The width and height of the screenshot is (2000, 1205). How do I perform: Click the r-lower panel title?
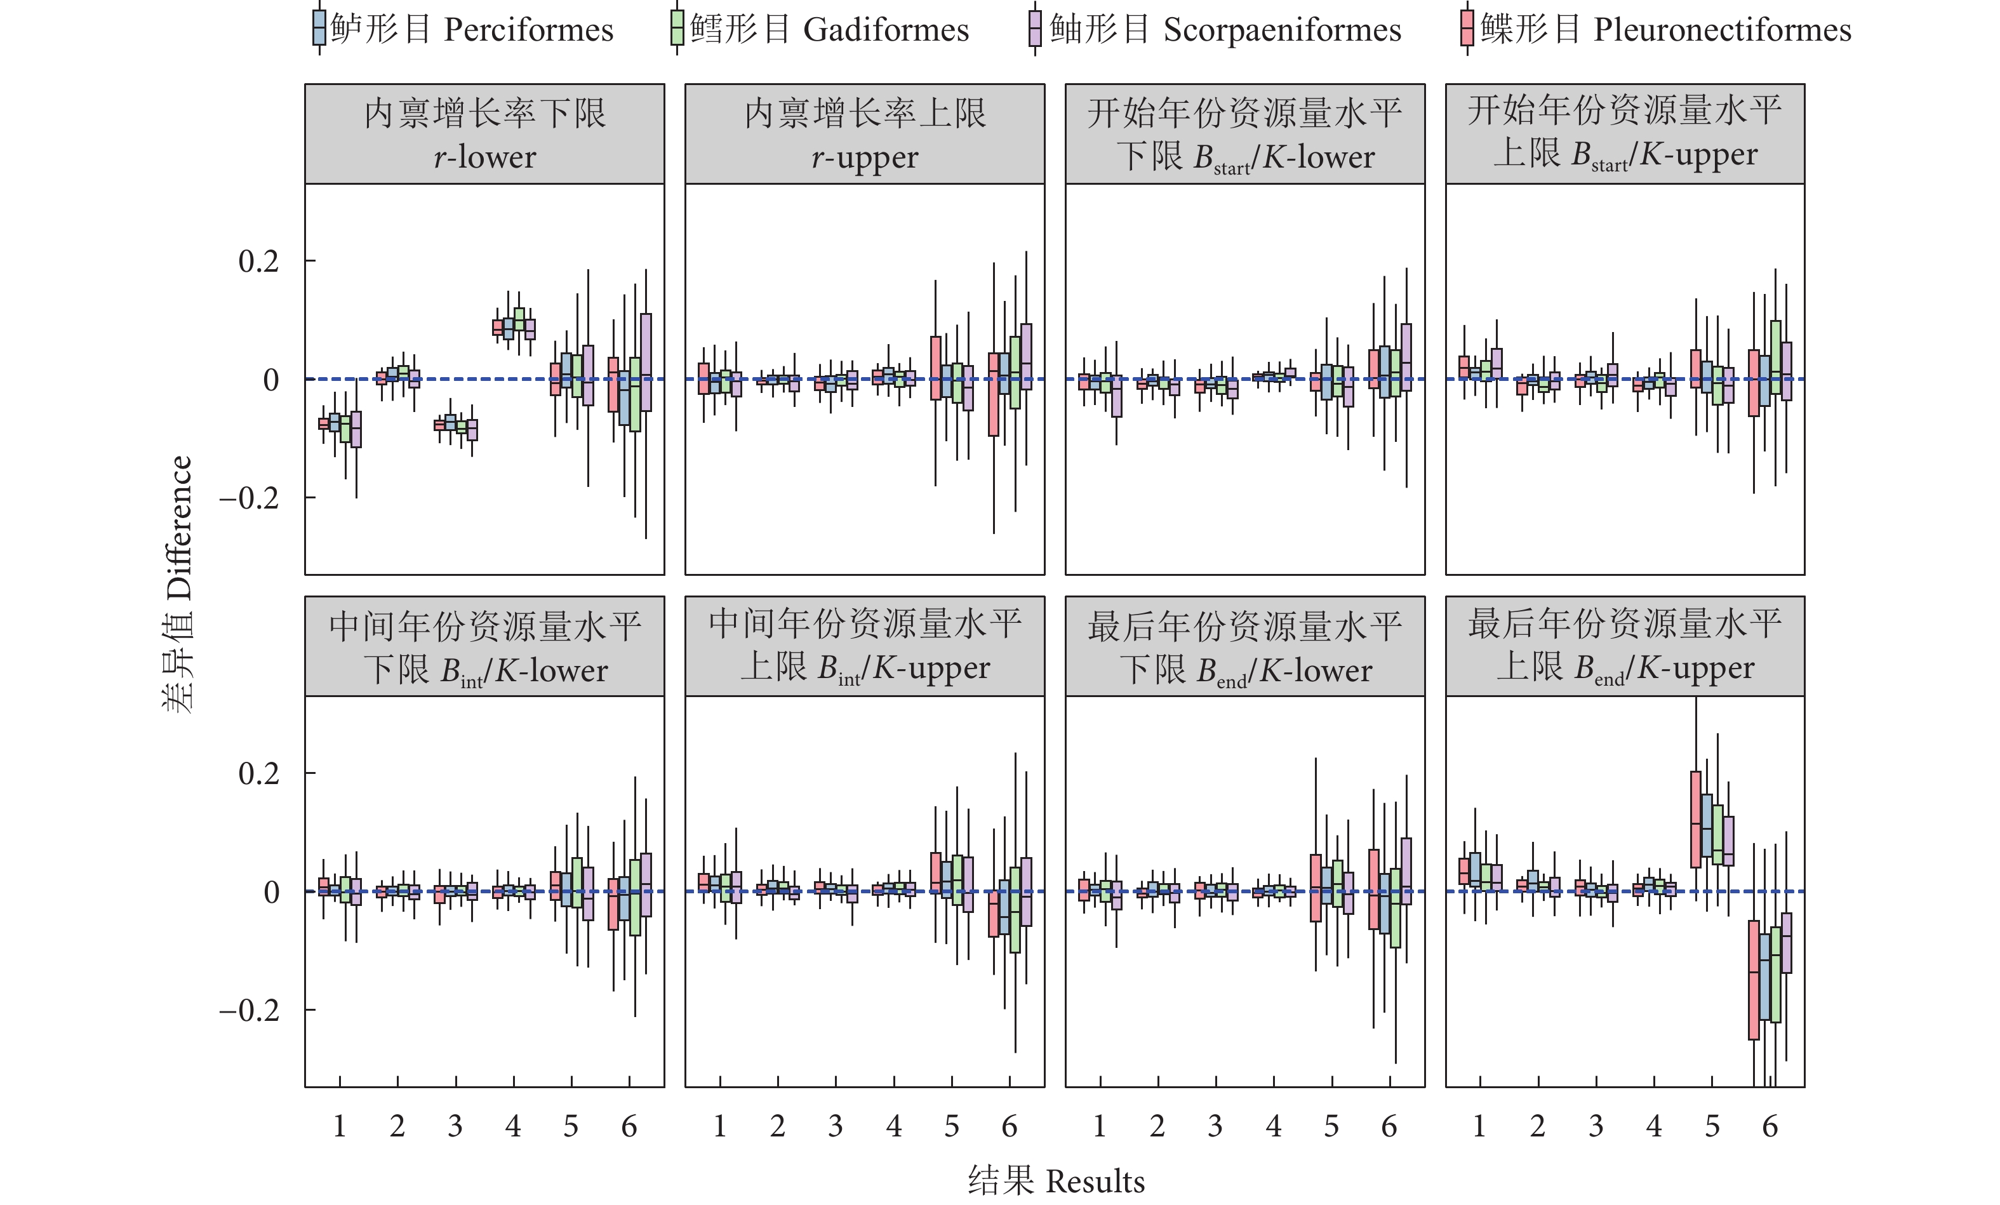coord(484,134)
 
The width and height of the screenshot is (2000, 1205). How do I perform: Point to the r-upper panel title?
coord(865,134)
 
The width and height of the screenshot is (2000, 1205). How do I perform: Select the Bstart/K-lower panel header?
coord(1244,134)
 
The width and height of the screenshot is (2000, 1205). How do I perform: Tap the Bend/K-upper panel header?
coord(1625,647)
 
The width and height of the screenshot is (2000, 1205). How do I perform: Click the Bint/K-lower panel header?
coord(484,647)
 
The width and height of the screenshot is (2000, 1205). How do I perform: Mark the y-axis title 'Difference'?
coord(178,584)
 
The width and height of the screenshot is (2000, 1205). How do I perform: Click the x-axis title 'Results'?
coord(1056,1182)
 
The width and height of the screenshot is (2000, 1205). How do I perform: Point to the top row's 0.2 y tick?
coord(258,262)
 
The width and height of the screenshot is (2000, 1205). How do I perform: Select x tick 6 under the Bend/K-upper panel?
coord(1770,1126)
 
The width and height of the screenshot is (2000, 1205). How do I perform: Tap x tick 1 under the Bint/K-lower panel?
coord(339,1126)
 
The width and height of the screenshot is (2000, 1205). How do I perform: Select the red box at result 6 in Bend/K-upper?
coord(1753,980)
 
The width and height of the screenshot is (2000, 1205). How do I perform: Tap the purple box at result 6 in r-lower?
coord(646,362)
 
